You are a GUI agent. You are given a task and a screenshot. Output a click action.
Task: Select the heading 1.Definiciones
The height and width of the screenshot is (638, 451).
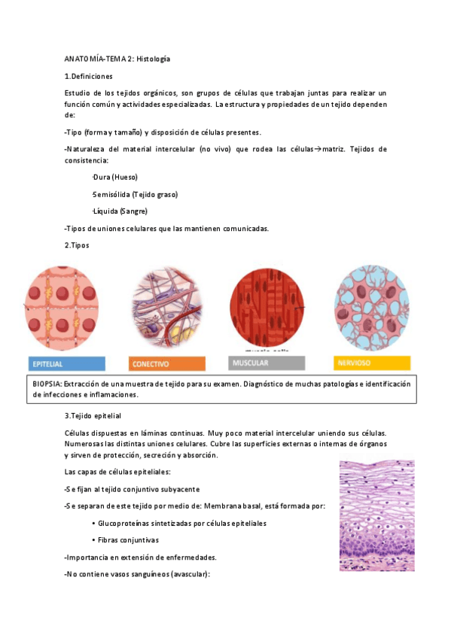coord(89,76)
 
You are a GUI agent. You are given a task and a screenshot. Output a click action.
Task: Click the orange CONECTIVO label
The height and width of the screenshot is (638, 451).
coord(167,363)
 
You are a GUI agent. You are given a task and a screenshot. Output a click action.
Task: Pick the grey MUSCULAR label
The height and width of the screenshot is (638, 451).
coord(267,363)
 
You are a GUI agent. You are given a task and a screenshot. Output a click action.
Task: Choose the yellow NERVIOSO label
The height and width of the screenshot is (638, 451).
coord(371,363)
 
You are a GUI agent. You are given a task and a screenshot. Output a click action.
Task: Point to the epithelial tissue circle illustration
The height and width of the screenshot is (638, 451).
coord(62,308)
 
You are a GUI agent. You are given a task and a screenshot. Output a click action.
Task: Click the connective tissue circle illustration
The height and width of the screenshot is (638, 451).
coord(166,308)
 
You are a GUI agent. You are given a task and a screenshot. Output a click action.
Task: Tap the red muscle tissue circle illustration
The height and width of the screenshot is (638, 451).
coord(267,308)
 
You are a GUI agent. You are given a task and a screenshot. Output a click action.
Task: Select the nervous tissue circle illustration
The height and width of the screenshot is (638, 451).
coord(372,308)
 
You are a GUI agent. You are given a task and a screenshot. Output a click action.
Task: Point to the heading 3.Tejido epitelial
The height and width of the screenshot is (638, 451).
coord(93,415)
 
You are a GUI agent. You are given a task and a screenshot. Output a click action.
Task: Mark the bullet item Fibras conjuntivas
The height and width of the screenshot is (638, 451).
coord(129,539)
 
